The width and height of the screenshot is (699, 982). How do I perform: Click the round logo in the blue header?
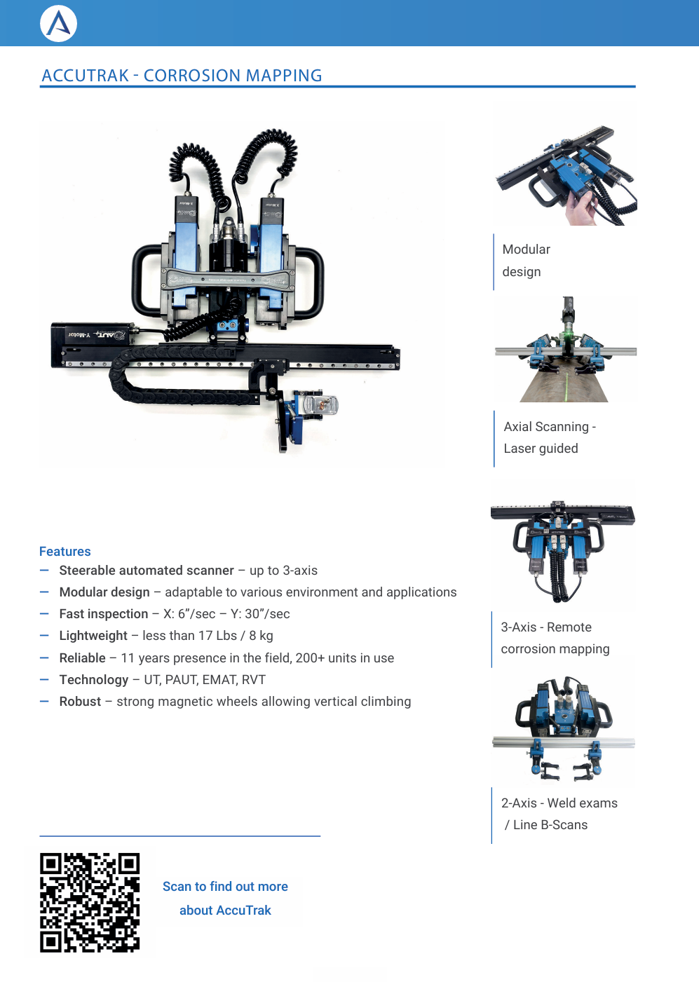pos(59,24)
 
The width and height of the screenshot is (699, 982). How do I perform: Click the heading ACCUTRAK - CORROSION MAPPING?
pos(182,76)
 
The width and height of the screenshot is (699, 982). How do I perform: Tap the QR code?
pos(90,902)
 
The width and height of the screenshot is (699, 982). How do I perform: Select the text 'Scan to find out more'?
pos(225,887)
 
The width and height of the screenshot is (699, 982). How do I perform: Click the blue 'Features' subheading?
pos(65,552)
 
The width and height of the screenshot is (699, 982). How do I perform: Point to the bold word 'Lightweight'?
pos(93,636)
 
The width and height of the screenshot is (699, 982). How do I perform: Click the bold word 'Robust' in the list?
pos(80,702)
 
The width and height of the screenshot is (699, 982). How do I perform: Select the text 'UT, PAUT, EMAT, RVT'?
pos(205,680)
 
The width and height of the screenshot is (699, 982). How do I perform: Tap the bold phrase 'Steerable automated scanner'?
pos(147,571)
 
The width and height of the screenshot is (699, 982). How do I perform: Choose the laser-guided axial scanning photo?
pos(566,350)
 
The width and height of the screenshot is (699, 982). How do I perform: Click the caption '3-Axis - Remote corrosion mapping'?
pos(555,638)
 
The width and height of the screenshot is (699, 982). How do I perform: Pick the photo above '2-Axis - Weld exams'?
pos(563,730)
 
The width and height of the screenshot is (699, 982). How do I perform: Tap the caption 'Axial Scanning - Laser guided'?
pos(549,437)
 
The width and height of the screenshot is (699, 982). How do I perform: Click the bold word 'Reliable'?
pos(82,658)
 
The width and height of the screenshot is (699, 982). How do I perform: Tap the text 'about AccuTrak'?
pos(225,911)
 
